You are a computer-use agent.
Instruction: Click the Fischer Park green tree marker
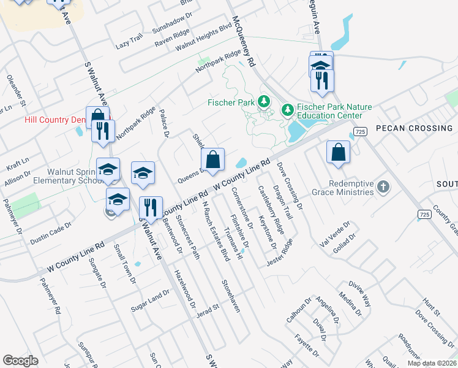265,101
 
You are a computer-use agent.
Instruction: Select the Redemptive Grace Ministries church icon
383,186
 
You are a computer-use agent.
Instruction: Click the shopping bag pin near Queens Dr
212,159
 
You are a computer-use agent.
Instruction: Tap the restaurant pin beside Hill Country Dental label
103,130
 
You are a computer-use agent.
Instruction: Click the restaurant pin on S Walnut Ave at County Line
150,208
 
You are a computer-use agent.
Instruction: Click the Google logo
20,361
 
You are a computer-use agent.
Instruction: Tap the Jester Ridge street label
280,252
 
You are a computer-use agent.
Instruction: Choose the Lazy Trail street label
129,41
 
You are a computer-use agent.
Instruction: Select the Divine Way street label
360,293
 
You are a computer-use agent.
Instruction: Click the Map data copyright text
430,363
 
